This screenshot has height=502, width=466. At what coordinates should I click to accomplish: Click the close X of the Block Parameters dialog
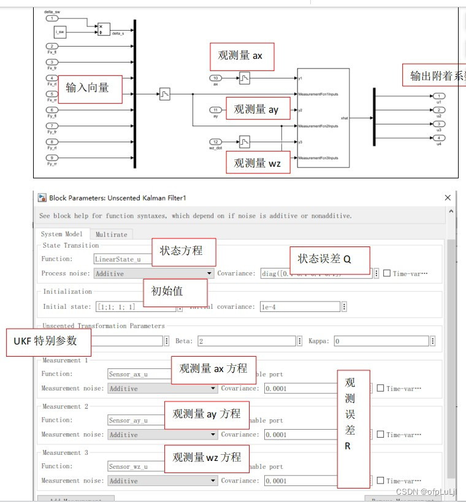click(x=448, y=198)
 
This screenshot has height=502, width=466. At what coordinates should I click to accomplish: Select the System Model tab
click(x=61, y=234)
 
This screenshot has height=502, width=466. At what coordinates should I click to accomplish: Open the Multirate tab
click(x=111, y=234)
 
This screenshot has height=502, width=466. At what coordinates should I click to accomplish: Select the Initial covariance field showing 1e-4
click(x=300, y=306)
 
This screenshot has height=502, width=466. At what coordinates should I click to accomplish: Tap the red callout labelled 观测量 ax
click(x=241, y=56)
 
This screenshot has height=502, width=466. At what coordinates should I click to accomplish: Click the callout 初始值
click(x=167, y=291)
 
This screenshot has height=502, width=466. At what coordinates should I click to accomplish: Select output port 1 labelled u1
click(x=438, y=96)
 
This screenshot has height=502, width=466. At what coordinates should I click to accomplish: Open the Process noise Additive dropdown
click(x=154, y=273)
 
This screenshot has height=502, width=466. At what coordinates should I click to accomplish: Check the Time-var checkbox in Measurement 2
click(x=380, y=435)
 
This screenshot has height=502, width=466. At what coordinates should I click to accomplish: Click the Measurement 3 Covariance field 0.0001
click(x=300, y=481)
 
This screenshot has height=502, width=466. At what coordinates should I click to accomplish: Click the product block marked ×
click(x=104, y=29)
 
